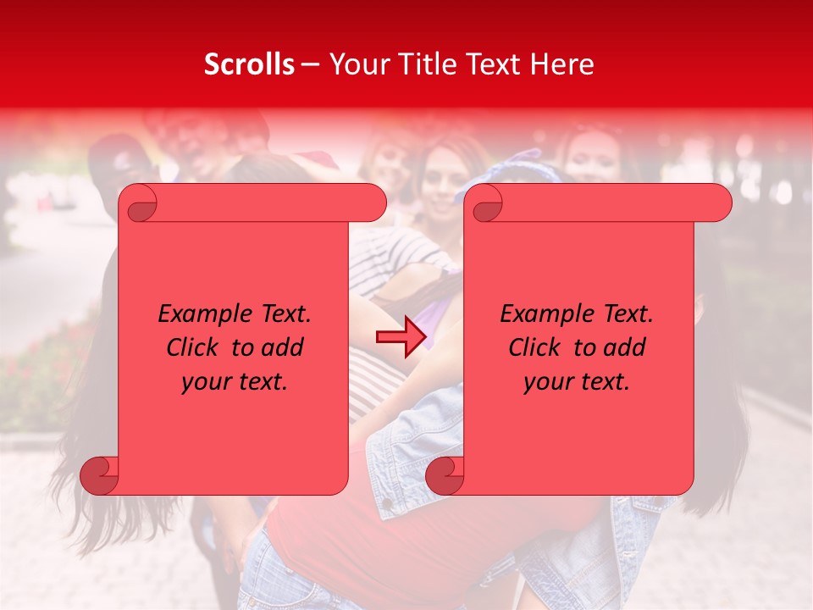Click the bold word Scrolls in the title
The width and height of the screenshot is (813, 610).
249,64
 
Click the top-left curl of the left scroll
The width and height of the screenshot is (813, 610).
138,203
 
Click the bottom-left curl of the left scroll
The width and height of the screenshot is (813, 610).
100,475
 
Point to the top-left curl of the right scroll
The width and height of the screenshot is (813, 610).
484,203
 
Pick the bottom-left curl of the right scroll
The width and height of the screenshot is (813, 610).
445,475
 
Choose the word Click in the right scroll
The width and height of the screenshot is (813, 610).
533,347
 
